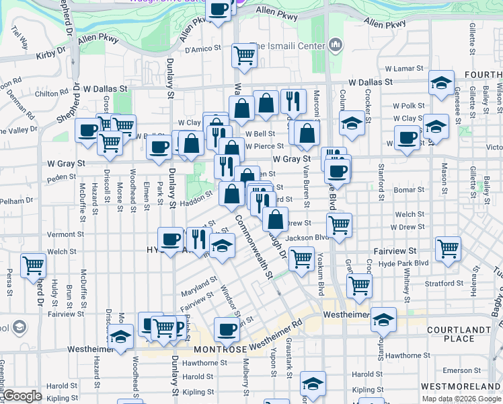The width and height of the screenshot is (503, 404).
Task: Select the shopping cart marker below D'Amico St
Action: click(243, 56)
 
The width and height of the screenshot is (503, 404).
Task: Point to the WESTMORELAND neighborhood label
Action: click(461, 386)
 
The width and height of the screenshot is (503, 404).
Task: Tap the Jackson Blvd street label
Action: click(306, 238)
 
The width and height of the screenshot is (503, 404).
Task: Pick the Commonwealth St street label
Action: click(254, 246)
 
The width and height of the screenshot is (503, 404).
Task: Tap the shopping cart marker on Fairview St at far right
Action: click(447, 248)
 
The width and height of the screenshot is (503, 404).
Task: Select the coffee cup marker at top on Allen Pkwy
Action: click(219, 9)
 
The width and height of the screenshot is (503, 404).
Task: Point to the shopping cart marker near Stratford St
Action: click(360, 285)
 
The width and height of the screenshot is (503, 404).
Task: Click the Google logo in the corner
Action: click(22, 396)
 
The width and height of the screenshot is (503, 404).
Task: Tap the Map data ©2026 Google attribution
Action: click(461, 399)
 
